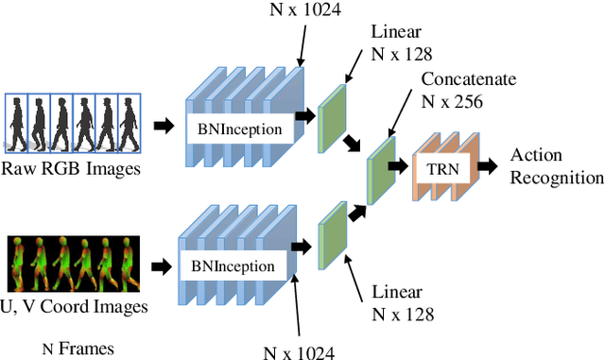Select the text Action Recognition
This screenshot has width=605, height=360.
(x=556, y=165)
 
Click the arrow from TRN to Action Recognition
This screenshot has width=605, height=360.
(x=488, y=167)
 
